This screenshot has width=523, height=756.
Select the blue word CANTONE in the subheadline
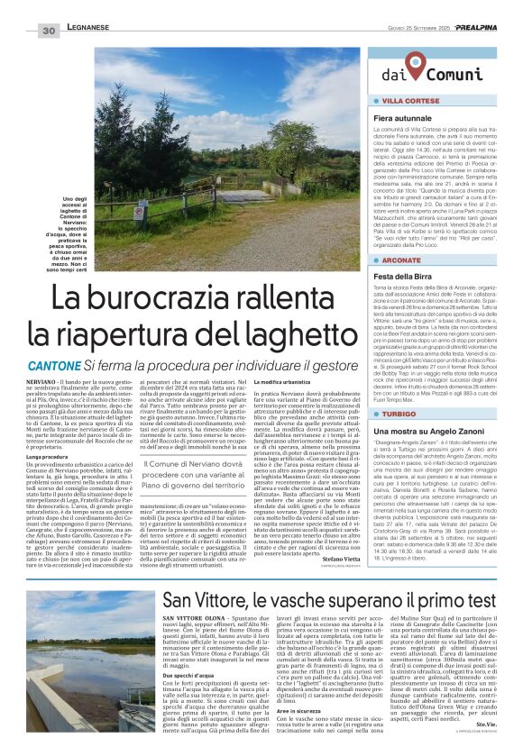pyautogui.click(x=54, y=366)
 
